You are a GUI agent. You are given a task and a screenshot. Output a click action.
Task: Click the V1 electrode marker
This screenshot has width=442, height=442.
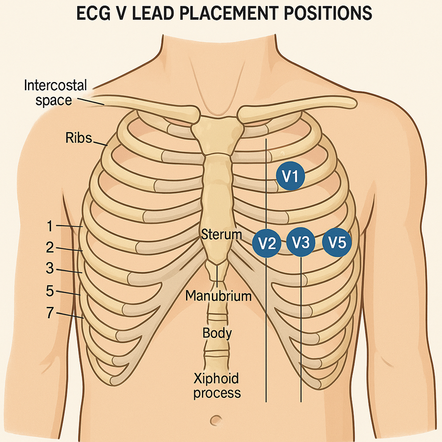point(290,176)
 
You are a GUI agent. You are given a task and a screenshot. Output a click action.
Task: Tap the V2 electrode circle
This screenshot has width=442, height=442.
point(267,243)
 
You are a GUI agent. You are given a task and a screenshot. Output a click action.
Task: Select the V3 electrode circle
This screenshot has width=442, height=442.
point(301,243)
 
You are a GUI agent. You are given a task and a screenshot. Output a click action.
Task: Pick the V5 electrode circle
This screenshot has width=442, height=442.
point(337,242)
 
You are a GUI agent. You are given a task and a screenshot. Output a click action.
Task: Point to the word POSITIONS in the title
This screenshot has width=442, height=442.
point(327,13)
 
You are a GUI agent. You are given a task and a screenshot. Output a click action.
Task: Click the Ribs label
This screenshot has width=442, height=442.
point(78,138)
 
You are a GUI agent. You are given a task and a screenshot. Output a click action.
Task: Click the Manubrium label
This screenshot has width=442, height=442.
point(219,296)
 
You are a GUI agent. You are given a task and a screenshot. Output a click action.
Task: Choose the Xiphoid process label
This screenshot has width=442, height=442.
point(217,386)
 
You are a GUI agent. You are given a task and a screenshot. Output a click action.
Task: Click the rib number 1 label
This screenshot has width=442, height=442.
point(50,227)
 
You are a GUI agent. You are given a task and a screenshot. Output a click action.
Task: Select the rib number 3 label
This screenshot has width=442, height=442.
point(50,269)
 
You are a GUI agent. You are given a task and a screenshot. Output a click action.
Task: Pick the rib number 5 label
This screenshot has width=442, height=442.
point(50,291)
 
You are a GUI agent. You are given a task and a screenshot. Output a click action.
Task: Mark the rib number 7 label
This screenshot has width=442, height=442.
point(50,313)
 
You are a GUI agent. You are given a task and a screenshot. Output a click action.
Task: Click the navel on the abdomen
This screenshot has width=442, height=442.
point(216,420)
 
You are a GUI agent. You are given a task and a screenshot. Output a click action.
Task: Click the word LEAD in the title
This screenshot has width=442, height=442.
point(160,13)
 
